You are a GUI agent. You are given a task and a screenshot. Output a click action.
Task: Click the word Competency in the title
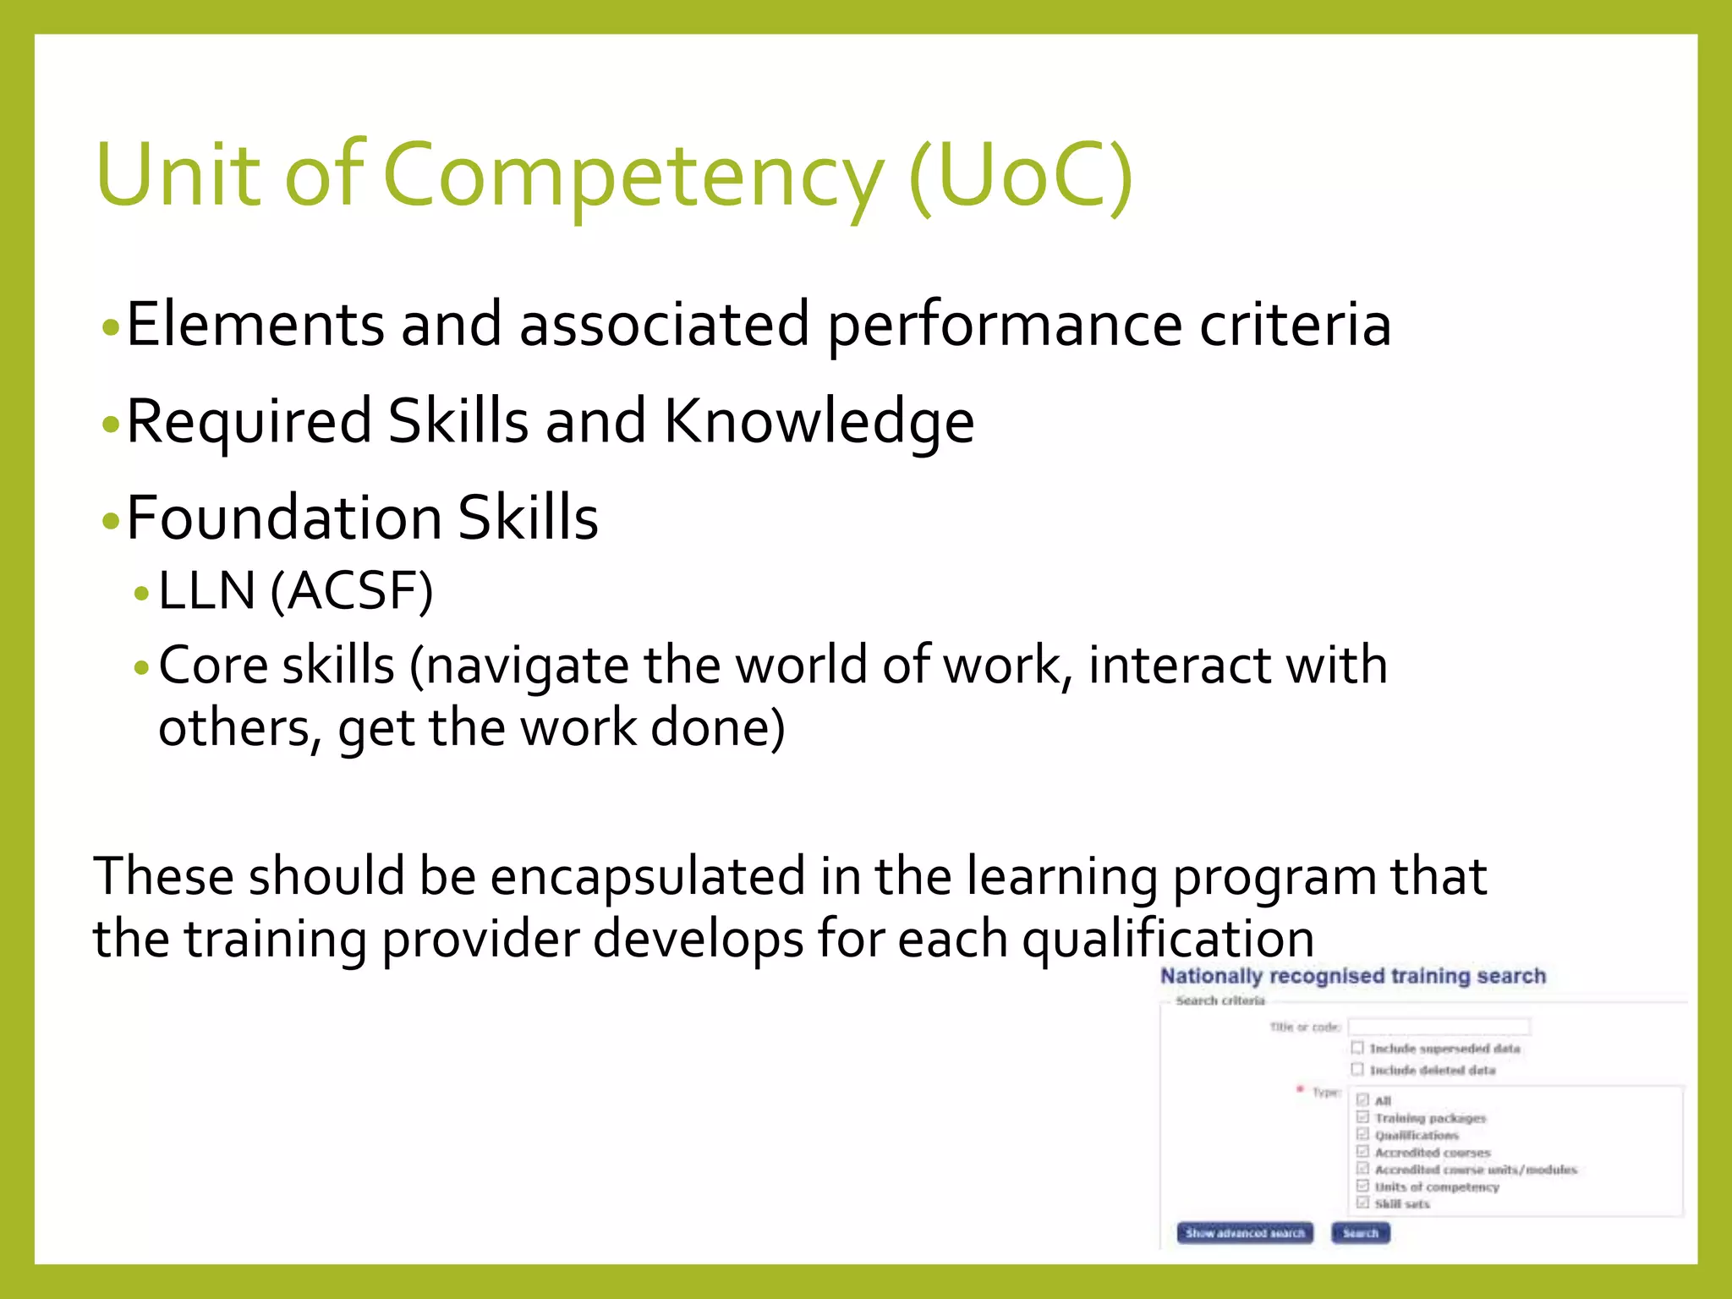[x=633, y=176]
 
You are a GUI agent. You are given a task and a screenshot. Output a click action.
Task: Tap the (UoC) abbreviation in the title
[x=1020, y=176]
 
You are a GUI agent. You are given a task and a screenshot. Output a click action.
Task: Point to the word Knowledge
[x=819, y=421]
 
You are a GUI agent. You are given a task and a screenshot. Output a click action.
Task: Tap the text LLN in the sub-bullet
[x=206, y=590]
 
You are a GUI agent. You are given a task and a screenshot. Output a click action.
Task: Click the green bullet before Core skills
[x=141, y=668]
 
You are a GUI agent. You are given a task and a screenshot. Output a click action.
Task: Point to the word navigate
[x=526, y=666]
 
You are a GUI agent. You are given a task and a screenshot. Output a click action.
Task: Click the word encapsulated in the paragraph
[x=647, y=876]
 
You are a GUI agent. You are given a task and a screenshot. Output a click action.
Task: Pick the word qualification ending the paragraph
[x=1167, y=939]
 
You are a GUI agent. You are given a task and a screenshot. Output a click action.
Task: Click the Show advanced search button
[x=1244, y=1233]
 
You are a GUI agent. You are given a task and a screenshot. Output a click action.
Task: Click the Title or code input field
[x=1439, y=1027]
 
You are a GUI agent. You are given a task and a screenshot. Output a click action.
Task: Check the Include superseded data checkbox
[x=1357, y=1048]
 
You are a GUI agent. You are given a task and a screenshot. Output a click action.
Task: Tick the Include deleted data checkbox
[x=1357, y=1069]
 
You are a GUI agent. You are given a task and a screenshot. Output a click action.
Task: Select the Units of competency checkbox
[x=1362, y=1186]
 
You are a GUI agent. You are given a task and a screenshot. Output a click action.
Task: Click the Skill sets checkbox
[x=1362, y=1203]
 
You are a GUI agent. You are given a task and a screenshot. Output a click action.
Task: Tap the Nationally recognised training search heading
[x=1352, y=976]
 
